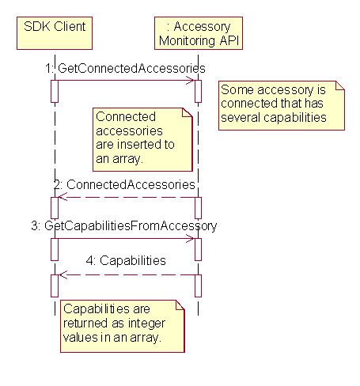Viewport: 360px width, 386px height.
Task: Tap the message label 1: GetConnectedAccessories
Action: [x=125, y=69]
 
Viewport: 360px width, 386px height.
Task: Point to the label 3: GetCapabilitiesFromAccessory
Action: [x=123, y=225]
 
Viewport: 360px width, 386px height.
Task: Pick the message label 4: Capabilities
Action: [x=127, y=259]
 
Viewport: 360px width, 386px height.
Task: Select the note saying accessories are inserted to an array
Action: [x=142, y=139]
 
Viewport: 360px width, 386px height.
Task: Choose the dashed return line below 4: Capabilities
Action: [x=127, y=274]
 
